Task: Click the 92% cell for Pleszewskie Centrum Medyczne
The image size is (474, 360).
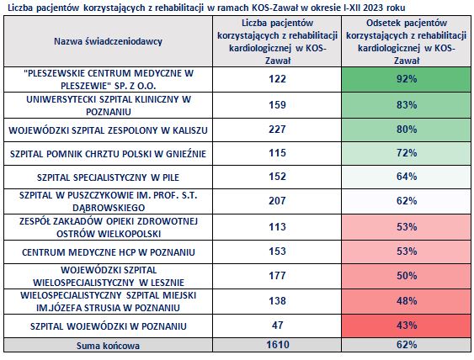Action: tap(407, 79)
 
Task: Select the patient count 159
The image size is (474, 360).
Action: tap(277, 105)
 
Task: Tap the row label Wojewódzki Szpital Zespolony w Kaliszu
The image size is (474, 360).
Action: tap(108, 130)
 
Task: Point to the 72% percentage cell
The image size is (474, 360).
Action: tap(407, 153)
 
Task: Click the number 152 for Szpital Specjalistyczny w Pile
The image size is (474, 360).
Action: tap(277, 177)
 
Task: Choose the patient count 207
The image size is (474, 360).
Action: tap(277, 201)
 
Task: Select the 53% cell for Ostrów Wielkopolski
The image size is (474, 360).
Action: tap(407, 227)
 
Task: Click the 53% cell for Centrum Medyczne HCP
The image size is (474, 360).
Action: tap(407, 251)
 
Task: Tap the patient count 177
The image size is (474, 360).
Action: tap(277, 276)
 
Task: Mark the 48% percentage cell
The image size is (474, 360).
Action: tap(407, 301)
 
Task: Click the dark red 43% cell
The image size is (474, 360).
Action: tap(407, 326)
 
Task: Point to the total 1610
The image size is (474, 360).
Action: tap(278, 345)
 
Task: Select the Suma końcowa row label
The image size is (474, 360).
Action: tap(108, 346)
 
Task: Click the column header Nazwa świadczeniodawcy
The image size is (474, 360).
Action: tap(108, 41)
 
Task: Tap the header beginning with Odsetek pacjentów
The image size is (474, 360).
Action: tap(407, 41)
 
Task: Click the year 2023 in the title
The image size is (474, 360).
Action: tap(373, 8)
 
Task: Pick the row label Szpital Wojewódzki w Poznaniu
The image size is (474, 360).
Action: tap(108, 326)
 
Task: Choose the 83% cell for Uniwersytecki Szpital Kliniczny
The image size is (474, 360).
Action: tap(407, 105)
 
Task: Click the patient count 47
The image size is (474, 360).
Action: tap(277, 326)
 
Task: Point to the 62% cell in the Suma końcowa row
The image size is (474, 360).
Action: tap(407, 345)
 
